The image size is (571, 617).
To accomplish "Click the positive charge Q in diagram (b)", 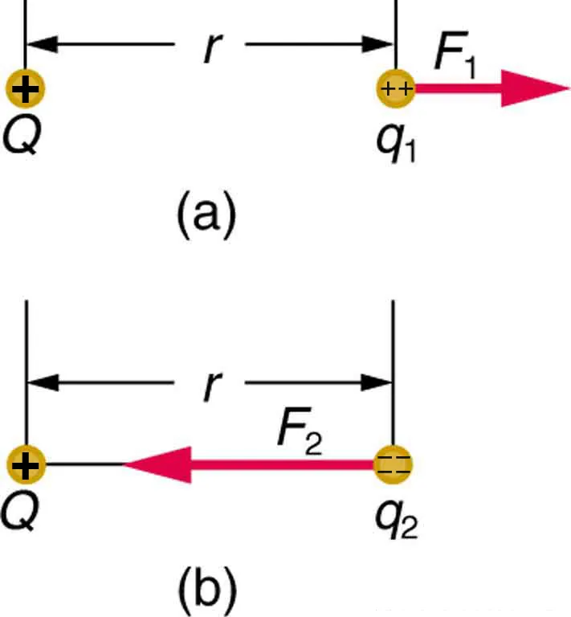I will tap(26, 464).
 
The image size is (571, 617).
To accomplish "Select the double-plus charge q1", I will tap(396, 89).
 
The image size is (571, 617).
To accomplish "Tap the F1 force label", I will tap(453, 58).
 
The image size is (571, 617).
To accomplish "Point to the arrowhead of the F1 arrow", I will tap(534, 88).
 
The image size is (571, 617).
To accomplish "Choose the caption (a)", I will tap(206, 215).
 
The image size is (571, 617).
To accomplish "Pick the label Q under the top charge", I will tap(19, 137).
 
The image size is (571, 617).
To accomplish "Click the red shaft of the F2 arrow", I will tap(281, 464).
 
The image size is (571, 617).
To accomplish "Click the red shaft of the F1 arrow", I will tap(458, 89).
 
